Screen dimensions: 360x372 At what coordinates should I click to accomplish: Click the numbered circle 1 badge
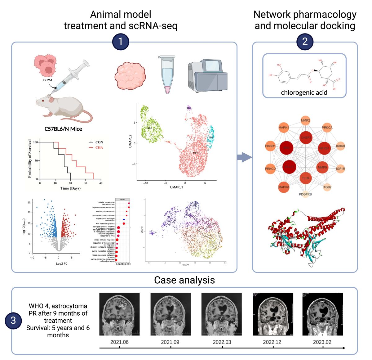click(x=120, y=42)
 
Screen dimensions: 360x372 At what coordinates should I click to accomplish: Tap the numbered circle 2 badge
click(x=305, y=42)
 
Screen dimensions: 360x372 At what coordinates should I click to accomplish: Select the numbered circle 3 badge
click(x=13, y=320)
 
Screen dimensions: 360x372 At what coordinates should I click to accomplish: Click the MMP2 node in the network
click(x=305, y=120)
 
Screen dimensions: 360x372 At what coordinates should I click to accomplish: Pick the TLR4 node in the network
click(x=306, y=178)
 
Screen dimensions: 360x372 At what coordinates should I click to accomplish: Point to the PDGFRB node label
click(x=305, y=194)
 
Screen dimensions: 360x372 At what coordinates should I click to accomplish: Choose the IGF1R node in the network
click(x=340, y=169)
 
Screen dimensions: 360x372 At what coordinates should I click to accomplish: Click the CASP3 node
click(x=306, y=137)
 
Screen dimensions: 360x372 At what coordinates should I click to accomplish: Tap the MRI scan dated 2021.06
click(x=119, y=314)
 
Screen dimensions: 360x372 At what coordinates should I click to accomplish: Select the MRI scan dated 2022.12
click(x=273, y=314)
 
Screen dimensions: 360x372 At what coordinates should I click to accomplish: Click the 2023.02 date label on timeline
click(x=322, y=342)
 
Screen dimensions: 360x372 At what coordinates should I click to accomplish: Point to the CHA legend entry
click(x=99, y=147)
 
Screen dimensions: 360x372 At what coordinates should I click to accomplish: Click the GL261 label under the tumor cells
click(x=48, y=80)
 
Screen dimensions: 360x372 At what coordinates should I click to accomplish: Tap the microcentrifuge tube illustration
click(x=167, y=75)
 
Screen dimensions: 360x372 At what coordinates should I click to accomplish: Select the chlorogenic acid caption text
click(x=304, y=92)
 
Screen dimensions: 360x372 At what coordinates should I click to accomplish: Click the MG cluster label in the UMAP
click(x=149, y=128)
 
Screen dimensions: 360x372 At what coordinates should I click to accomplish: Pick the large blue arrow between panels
click(x=244, y=157)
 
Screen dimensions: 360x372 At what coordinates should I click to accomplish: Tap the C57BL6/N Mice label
click(x=63, y=129)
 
